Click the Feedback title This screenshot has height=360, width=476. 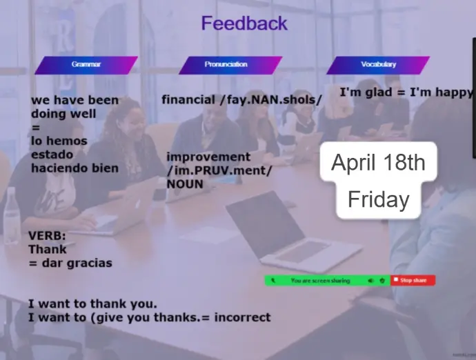click(x=244, y=23)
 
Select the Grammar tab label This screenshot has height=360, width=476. click(x=86, y=65)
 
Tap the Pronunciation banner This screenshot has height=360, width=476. click(x=230, y=65)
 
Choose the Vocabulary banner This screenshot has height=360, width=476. click(x=378, y=65)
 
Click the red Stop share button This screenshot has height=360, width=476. click(x=413, y=280)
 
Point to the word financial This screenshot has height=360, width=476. click(x=188, y=99)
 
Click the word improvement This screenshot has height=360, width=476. click(x=208, y=157)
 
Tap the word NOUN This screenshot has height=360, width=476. click(x=185, y=184)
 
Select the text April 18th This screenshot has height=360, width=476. click(x=378, y=162)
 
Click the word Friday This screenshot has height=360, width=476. click(x=378, y=199)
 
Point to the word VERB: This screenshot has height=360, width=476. click(x=47, y=236)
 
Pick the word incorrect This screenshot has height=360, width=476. click(x=242, y=317)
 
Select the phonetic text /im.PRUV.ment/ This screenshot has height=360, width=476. click(x=219, y=170)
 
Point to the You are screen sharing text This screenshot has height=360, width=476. click(x=320, y=281)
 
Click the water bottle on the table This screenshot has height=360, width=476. click(x=12, y=216)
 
